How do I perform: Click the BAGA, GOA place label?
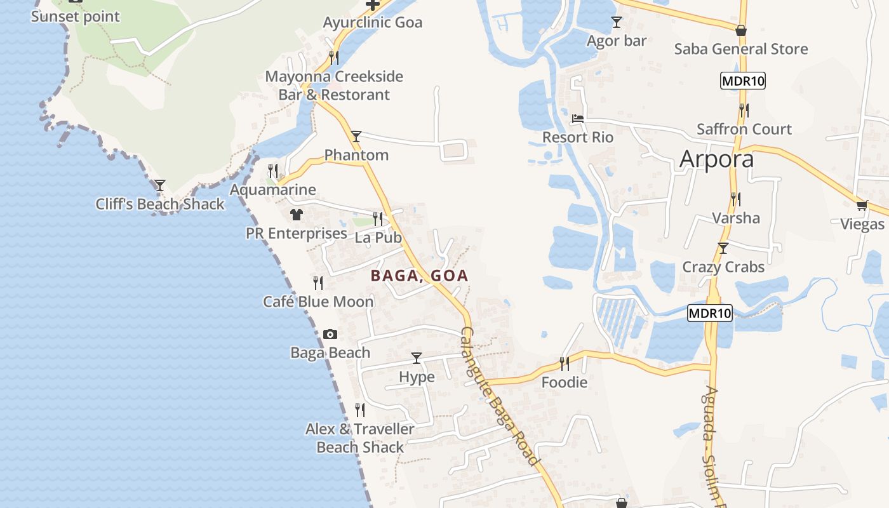click(x=419, y=276)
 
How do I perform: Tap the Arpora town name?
click(x=716, y=159)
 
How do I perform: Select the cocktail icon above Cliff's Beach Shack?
click(x=160, y=185)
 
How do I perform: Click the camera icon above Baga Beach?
click(x=330, y=334)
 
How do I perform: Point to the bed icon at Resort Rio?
click(x=578, y=119)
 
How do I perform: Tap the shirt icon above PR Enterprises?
click(x=297, y=215)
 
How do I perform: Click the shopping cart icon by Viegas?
click(x=862, y=205)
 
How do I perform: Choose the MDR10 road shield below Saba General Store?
click(x=742, y=81)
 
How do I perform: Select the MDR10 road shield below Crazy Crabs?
click(x=710, y=313)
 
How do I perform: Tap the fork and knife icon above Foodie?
click(x=564, y=363)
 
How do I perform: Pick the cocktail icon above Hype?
click(x=417, y=358)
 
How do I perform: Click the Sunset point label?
click(x=75, y=17)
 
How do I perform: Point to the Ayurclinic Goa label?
click(x=373, y=23)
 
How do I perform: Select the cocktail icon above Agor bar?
click(x=616, y=22)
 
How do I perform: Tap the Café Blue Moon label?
click(x=318, y=302)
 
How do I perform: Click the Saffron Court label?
click(x=744, y=129)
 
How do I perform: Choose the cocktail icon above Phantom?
click(x=356, y=136)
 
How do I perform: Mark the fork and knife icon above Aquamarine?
click(x=273, y=170)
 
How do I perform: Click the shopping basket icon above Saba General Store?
click(x=740, y=30)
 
